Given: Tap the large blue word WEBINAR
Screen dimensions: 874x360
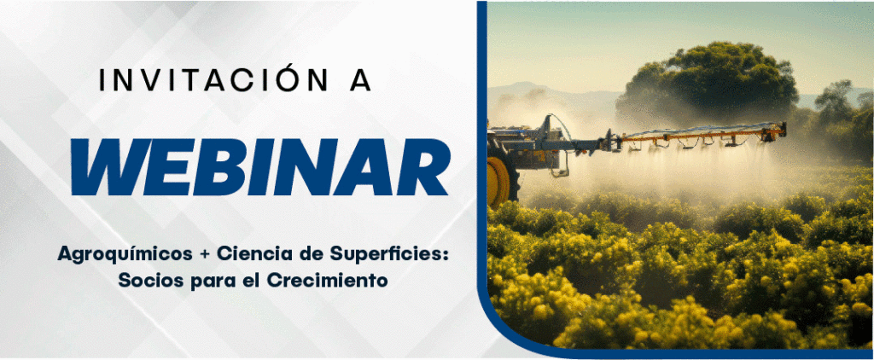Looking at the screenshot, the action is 260,167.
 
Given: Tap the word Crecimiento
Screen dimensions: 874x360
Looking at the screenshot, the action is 327,280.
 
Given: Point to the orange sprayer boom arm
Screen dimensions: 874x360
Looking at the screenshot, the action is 702,135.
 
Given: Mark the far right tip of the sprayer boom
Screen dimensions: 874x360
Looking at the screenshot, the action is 785,130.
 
